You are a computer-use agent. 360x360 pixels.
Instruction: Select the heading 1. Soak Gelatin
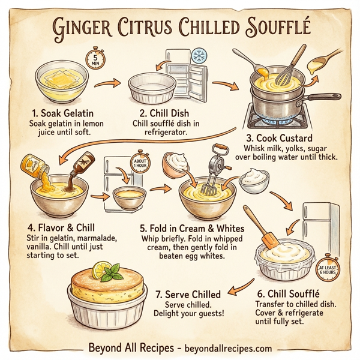62,112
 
